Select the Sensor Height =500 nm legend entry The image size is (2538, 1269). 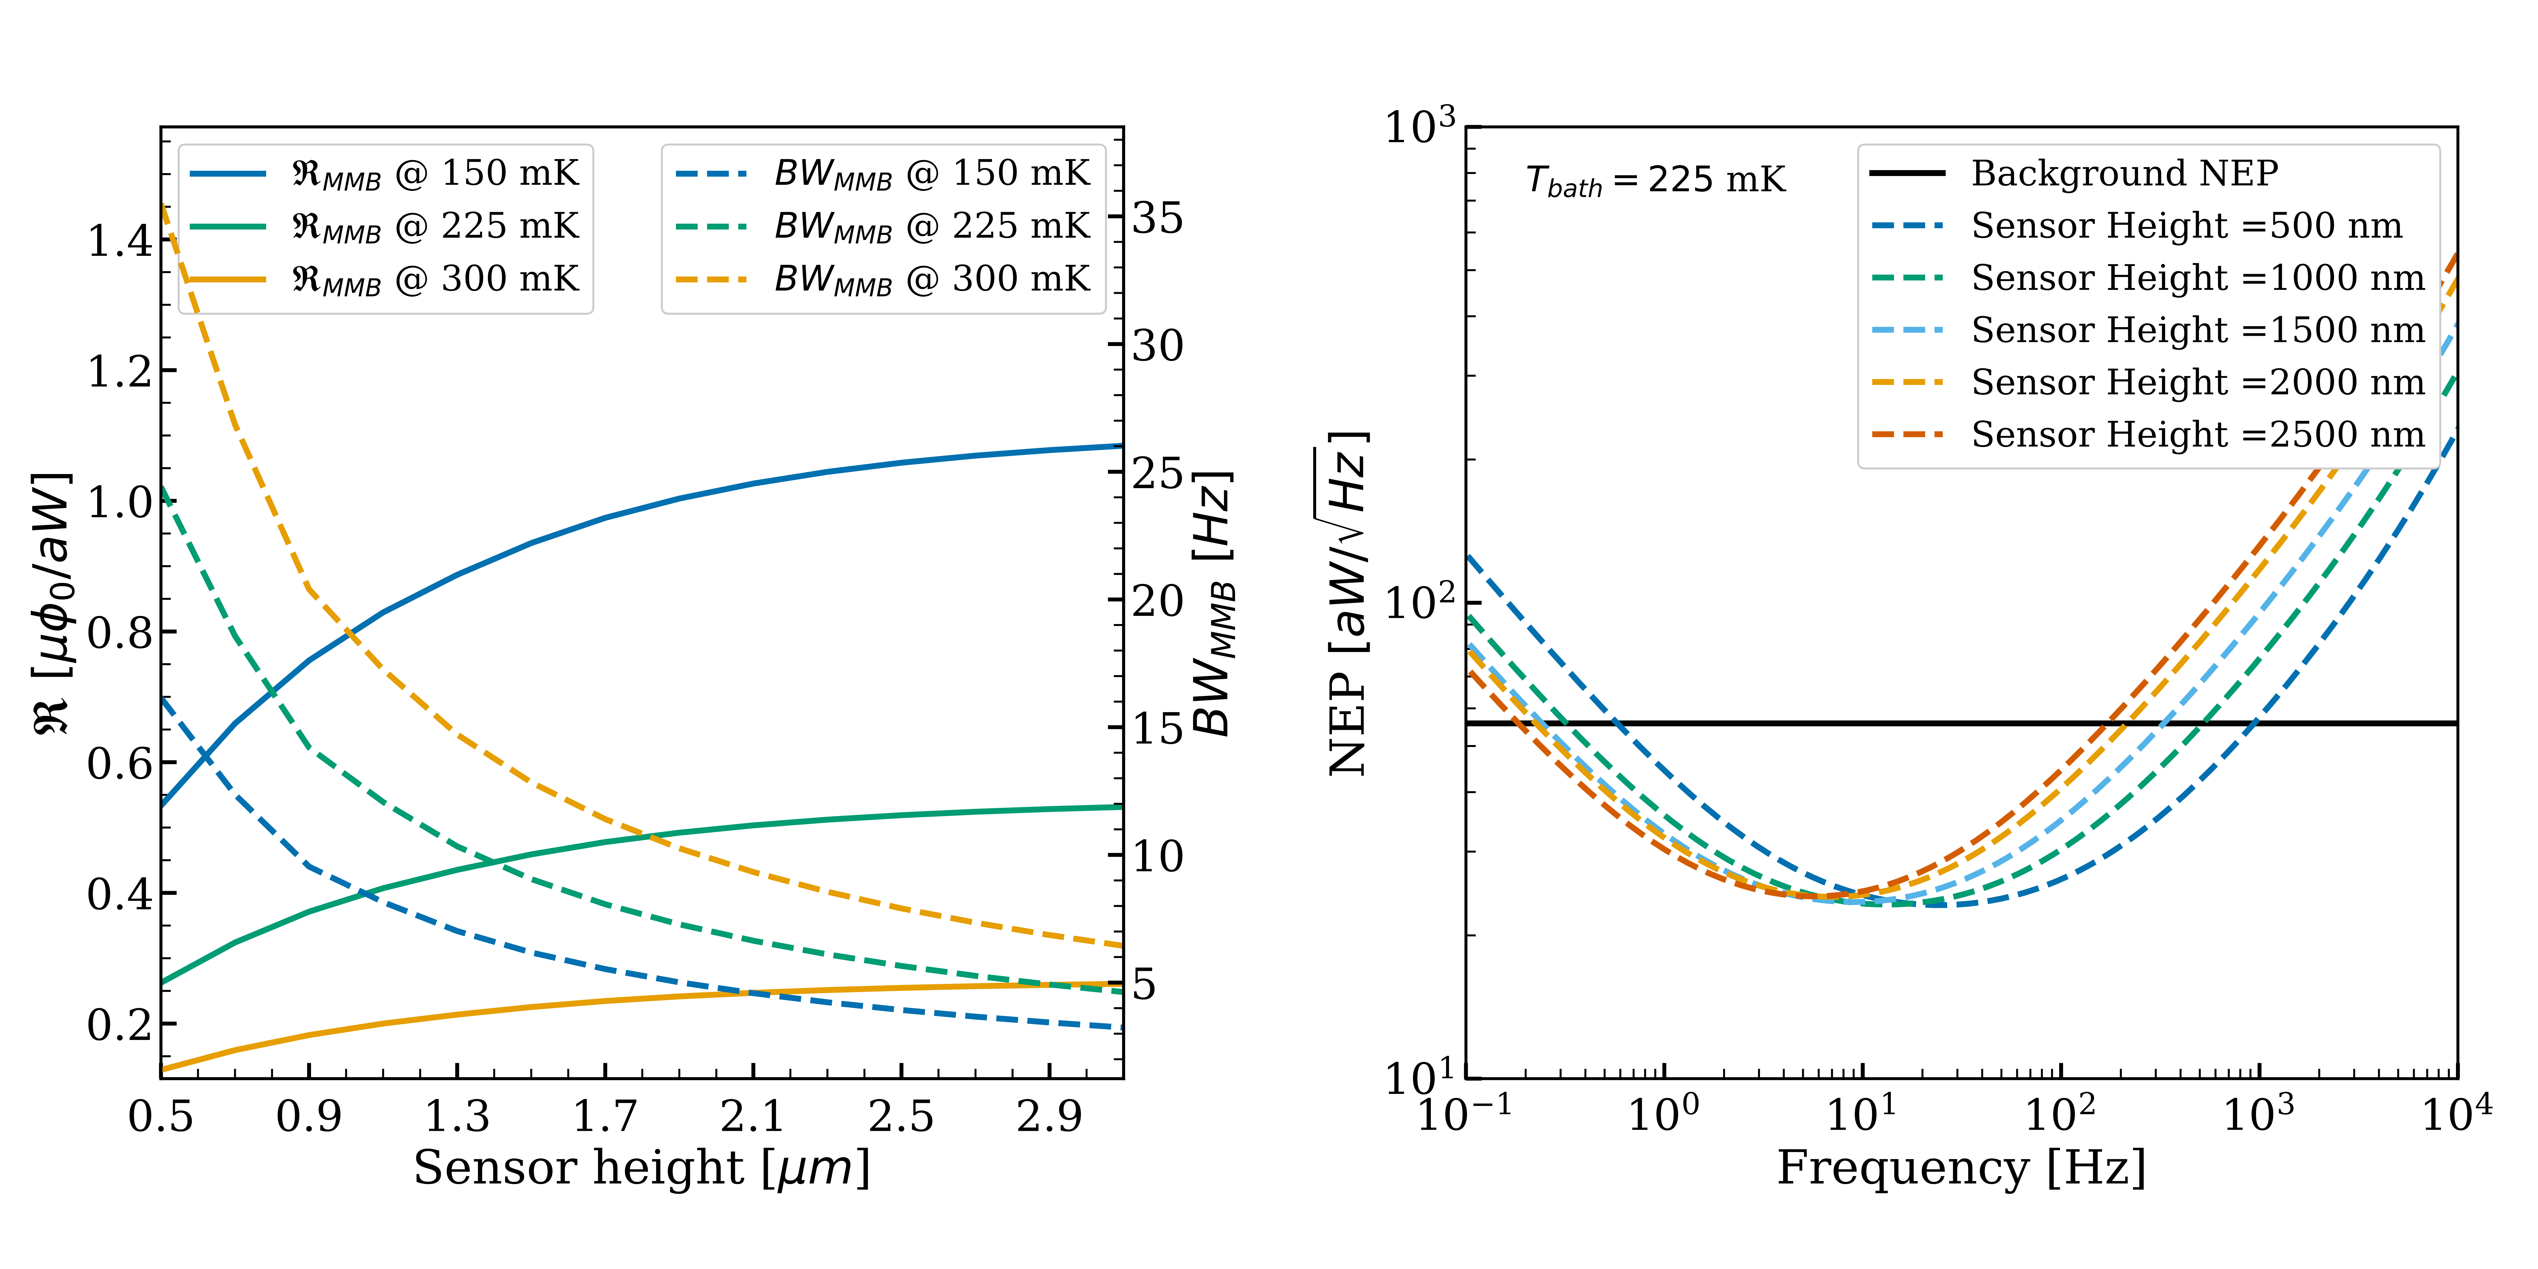click(2185, 226)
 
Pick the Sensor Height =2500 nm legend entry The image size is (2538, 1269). click(2197, 435)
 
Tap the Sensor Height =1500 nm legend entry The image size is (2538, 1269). click(2197, 330)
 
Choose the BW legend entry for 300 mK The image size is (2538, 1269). click(931, 280)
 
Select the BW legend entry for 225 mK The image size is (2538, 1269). click(931, 227)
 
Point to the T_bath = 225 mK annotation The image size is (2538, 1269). click(1655, 180)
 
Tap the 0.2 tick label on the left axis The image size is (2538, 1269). click(120, 1025)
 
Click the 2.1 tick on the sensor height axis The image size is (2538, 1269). click(753, 1116)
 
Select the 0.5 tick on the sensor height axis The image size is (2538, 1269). click(160, 1116)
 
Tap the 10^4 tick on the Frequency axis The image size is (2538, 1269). click(2456, 1113)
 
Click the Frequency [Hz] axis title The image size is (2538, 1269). click(1961, 1169)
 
